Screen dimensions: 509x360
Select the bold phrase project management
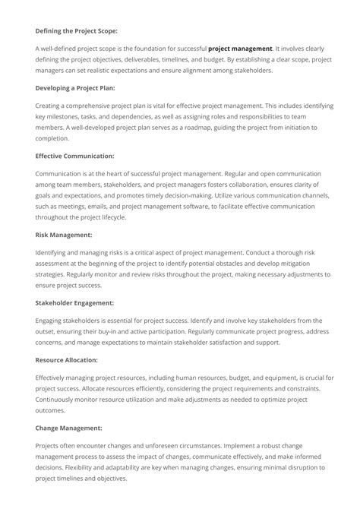(x=239, y=48)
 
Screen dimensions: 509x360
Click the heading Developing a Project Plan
(x=75, y=87)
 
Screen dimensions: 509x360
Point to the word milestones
(x=64, y=116)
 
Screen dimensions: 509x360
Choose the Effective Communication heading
(x=74, y=156)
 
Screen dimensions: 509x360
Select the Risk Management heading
(x=64, y=235)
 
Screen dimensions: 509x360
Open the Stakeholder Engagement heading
(x=75, y=302)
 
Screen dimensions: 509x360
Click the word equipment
(x=277, y=377)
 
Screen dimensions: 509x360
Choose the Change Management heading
(x=68, y=427)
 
